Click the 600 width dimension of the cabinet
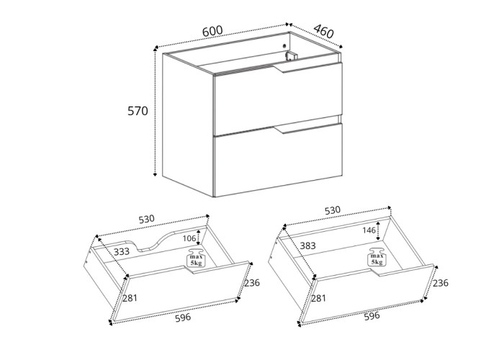pyautogui.click(x=212, y=30)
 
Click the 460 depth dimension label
pyautogui.click(x=324, y=32)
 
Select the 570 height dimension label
pyautogui.click(x=138, y=112)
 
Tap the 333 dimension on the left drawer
pyautogui.click(x=122, y=252)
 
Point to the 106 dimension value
pyautogui.click(x=189, y=238)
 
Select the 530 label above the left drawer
pyautogui.click(x=147, y=218)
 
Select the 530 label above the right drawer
pyautogui.click(x=332, y=210)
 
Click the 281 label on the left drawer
pyautogui.click(x=130, y=298)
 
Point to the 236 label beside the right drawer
pyautogui.click(x=441, y=283)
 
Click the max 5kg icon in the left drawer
pyautogui.click(x=195, y=259)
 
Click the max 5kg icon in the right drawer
pyautogui.click(x=376, y=259)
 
